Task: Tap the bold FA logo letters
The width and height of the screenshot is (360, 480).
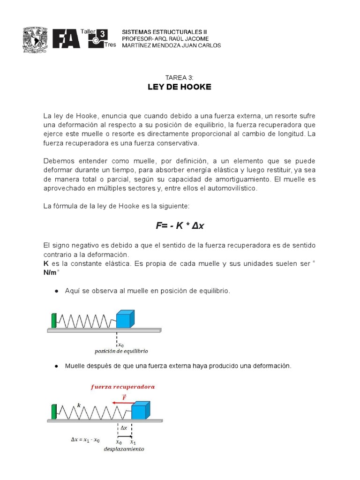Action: coord(66,39)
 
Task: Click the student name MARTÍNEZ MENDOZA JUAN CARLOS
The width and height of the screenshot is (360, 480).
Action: coord(171,45)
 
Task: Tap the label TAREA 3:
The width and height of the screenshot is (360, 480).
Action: coord(179,77)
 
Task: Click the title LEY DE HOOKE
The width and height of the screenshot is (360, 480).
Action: coord(180,87)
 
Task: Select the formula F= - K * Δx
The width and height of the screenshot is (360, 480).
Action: coord(180,226)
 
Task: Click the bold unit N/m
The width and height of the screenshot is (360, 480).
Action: coord(51,273)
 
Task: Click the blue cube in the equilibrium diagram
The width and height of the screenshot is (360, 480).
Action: coord(125,318)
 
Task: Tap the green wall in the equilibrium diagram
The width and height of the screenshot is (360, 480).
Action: coord(54,320)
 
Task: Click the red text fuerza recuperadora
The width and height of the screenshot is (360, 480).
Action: coord(122,387)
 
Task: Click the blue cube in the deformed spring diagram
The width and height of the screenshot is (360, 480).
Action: coord(140,410)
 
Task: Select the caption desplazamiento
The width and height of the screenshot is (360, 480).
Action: coord(124,449)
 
